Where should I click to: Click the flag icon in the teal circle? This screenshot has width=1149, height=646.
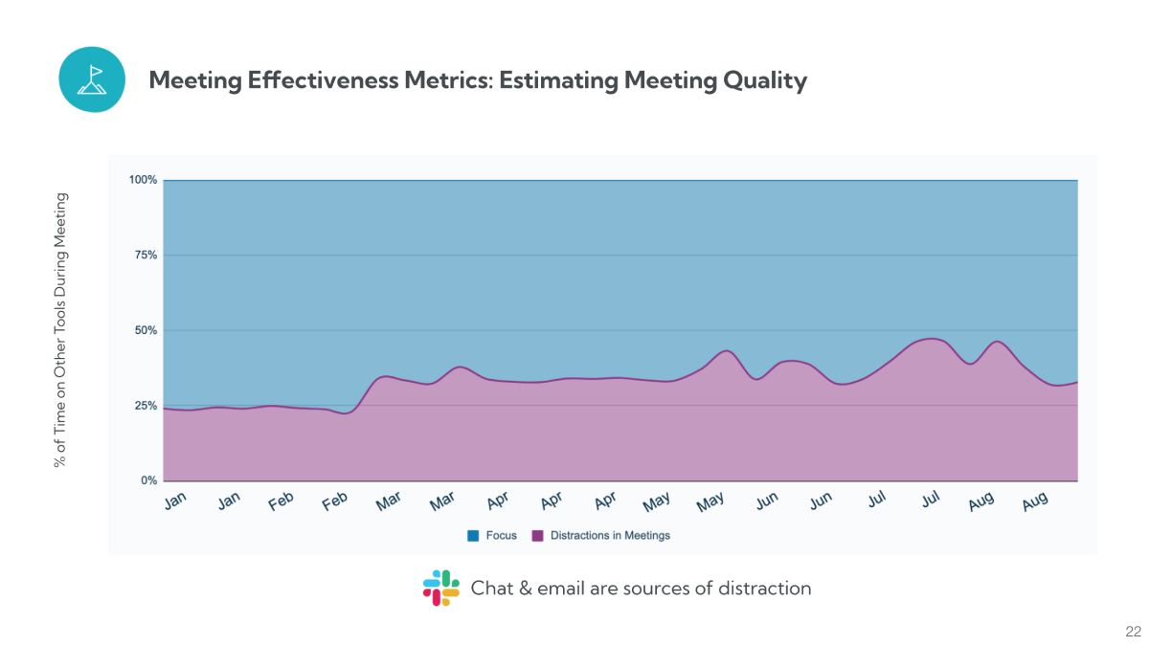(x=92, y=79)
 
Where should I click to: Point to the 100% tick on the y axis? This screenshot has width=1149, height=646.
(x=144, y=180)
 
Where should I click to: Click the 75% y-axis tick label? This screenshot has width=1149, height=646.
(x=146, y=256)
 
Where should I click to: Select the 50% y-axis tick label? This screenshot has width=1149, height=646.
(x=146, y=330)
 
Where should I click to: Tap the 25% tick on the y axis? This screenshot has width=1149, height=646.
(x=146, y=406)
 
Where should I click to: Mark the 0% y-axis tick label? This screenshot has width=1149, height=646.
(x=148, y=480)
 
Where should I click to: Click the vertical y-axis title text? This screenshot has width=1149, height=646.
(x=60, y=330)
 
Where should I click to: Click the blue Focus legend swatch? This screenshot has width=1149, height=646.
(x=473, y=536)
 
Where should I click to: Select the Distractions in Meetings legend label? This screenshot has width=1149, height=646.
(x=610, y=536)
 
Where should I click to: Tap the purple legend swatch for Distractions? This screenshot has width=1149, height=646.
(x=537, y=536)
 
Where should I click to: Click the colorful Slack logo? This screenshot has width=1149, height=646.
(x=441, y=588)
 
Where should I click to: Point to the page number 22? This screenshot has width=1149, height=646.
(x=1133, y=632)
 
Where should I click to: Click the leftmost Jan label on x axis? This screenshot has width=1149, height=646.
(x=175, y=501)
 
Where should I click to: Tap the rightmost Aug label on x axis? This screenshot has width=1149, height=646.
(x=1035, y=501)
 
